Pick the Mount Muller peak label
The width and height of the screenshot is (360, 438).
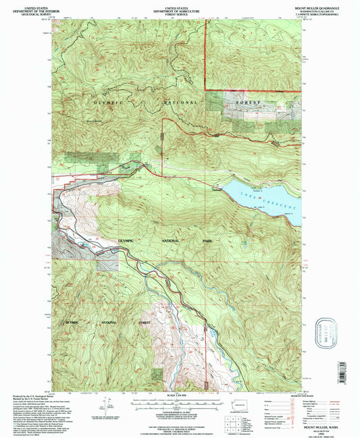pyautogui.click(x=93, y=121)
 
